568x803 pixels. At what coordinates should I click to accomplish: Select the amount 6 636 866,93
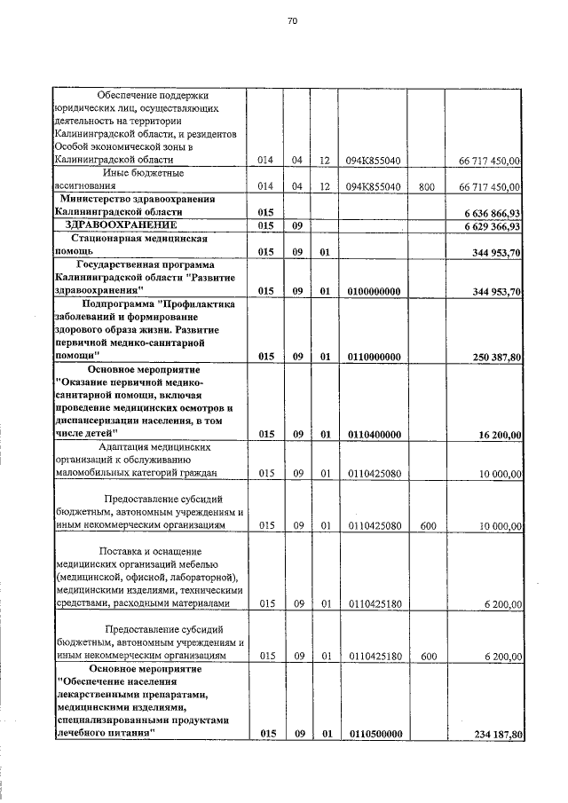492,213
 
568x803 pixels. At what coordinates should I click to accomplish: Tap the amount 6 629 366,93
492,226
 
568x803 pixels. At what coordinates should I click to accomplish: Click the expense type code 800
427,187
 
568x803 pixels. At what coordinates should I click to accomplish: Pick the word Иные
120,174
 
